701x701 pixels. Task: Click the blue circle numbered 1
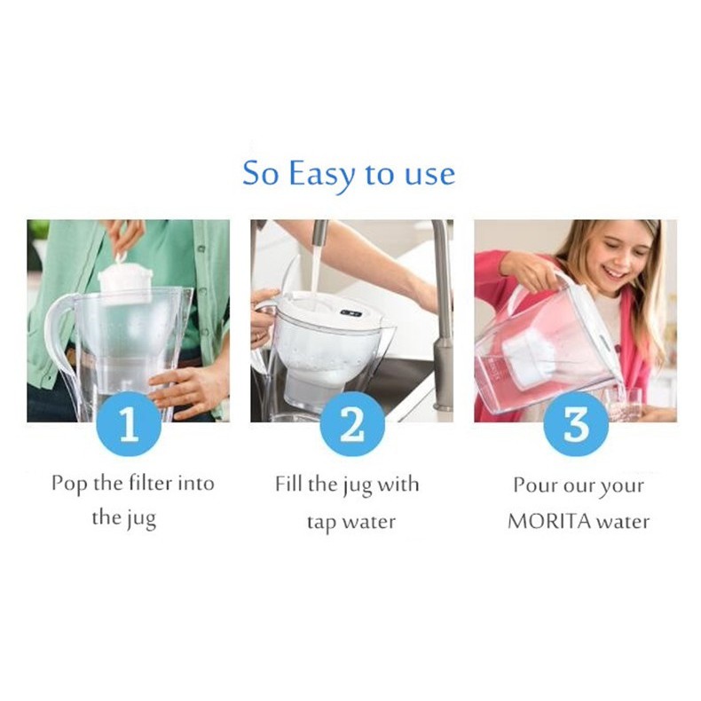click(x=129, y=424)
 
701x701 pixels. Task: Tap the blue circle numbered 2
click(x=352, y=424)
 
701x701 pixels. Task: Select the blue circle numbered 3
click(x=576, y=424)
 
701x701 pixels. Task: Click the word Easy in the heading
click(x=322, y=174)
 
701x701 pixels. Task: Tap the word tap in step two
click(x=321, y=523)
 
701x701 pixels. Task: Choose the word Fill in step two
click(x=288, y=484)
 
